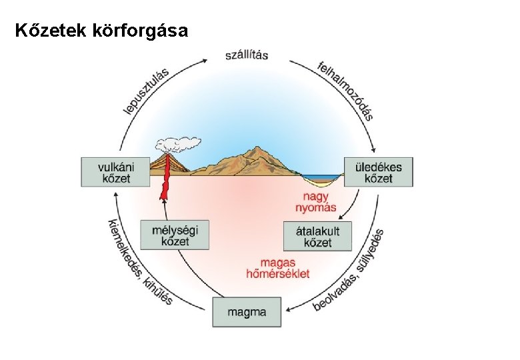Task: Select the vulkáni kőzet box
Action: click(x=115, y=172)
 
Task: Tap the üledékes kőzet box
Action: click(x=378, y=172)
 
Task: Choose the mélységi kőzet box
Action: click(x=175, y=235)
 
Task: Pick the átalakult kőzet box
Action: click(x=317, y=236)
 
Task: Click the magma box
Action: click(x=247, y=311)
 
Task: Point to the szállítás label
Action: click(x=247, y=54)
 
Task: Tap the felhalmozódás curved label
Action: click(x=345, y=89)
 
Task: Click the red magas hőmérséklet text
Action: click(x=278, y=268)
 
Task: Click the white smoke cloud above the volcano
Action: click(x=177, y=143)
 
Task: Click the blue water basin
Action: click(x=322, y=177)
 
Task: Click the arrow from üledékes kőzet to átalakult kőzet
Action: click(x=352, y=203)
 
